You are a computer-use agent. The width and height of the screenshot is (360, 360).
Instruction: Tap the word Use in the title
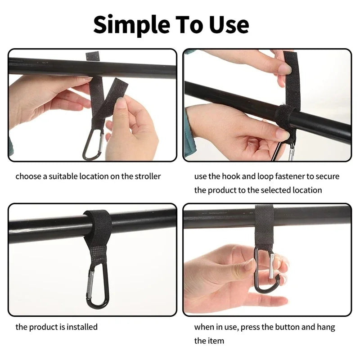(228, 25)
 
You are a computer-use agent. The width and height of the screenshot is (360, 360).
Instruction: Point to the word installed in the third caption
(82, 327)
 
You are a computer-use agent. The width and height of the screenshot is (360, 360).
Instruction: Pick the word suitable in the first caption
(62, 176)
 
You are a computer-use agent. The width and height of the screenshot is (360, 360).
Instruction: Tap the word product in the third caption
(42, 327)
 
